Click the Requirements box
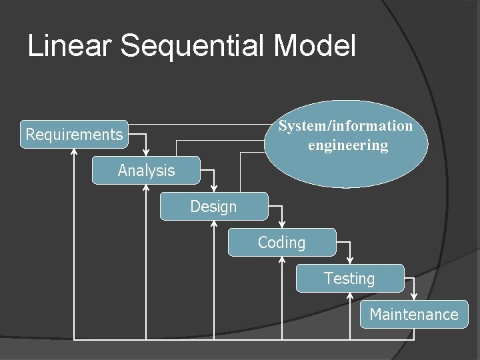(74, 134)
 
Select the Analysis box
(146, 171)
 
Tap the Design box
(213, 207)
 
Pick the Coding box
(281, 243)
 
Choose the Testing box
(349, 279)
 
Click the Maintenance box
(414, 315)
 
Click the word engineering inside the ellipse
(347, 145)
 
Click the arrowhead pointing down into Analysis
(147, 153)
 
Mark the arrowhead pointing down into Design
(214, 189)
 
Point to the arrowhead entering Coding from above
(282, 225)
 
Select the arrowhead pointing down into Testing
(350, 261)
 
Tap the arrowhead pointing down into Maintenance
(414, 297)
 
